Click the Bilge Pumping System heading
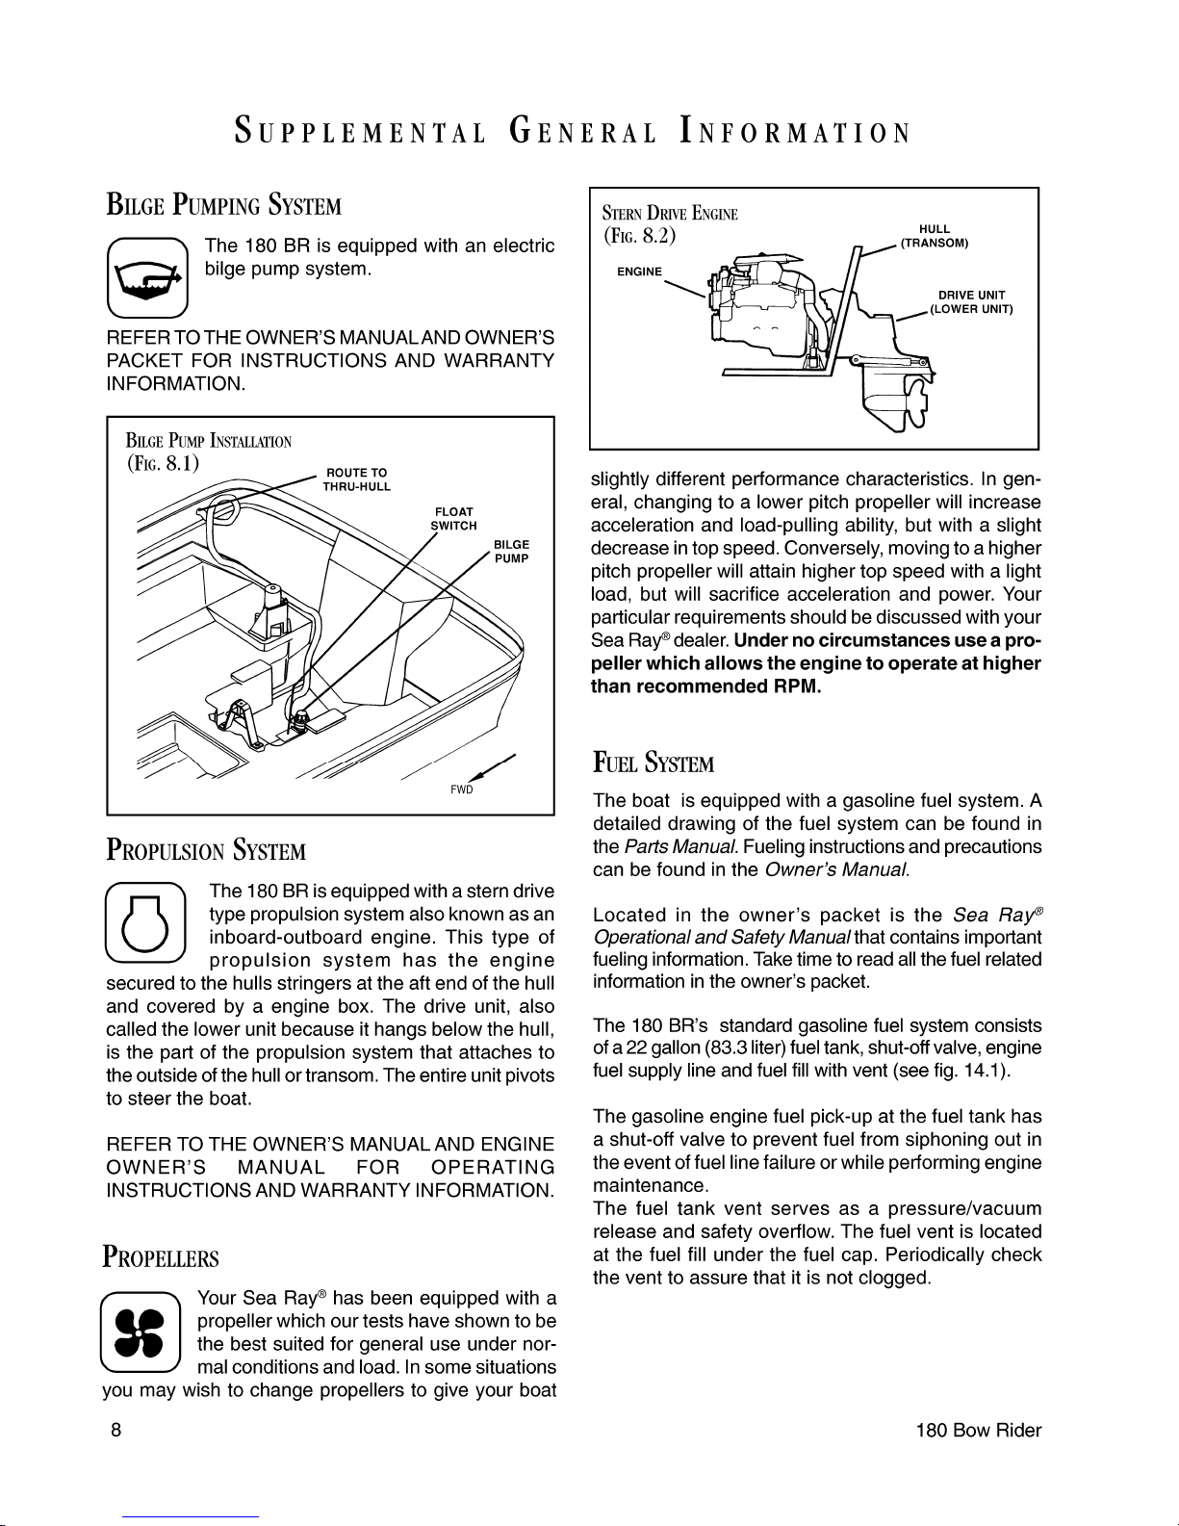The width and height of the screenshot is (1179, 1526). pyautogui.click(x=224, y=204)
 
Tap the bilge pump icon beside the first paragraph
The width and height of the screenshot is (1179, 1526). pyautogui.click(x=147, y=277)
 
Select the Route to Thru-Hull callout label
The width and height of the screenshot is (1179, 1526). pyautogui.click(x=356, y=479)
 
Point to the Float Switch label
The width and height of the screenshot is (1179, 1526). pyautogui.click(x=453, y=518)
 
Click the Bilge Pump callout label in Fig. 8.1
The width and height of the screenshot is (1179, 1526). pyautogui.click(x=512, y=552)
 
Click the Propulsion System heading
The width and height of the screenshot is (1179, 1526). pyautogui.click(x=206, y=850)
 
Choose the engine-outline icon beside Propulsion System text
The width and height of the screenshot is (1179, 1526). pyautogui.click(x=145, y=922)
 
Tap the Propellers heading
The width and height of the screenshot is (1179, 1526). pyautogui.click(x=161, y=1256)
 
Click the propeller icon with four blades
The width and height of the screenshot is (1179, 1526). pyautogui.click(x=141, y=1332)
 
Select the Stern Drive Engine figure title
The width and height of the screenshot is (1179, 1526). pyautogui.click(x=670, y=213)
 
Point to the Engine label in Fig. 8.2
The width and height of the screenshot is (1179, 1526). pyautogui.click(x=639, y=272)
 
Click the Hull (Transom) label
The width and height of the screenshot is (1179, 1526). pyautogui.click(x=935, y=236)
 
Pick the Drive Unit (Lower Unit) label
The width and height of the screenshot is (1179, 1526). pyautogui.click(x=971, y=302)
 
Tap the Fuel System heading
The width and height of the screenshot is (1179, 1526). pyautogui.click(x=654, y=762)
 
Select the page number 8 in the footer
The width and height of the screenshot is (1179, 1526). pyautogui.click(x=115, y=1431)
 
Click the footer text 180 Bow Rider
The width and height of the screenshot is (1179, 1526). pyautogui.click(x=978, y=1431)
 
